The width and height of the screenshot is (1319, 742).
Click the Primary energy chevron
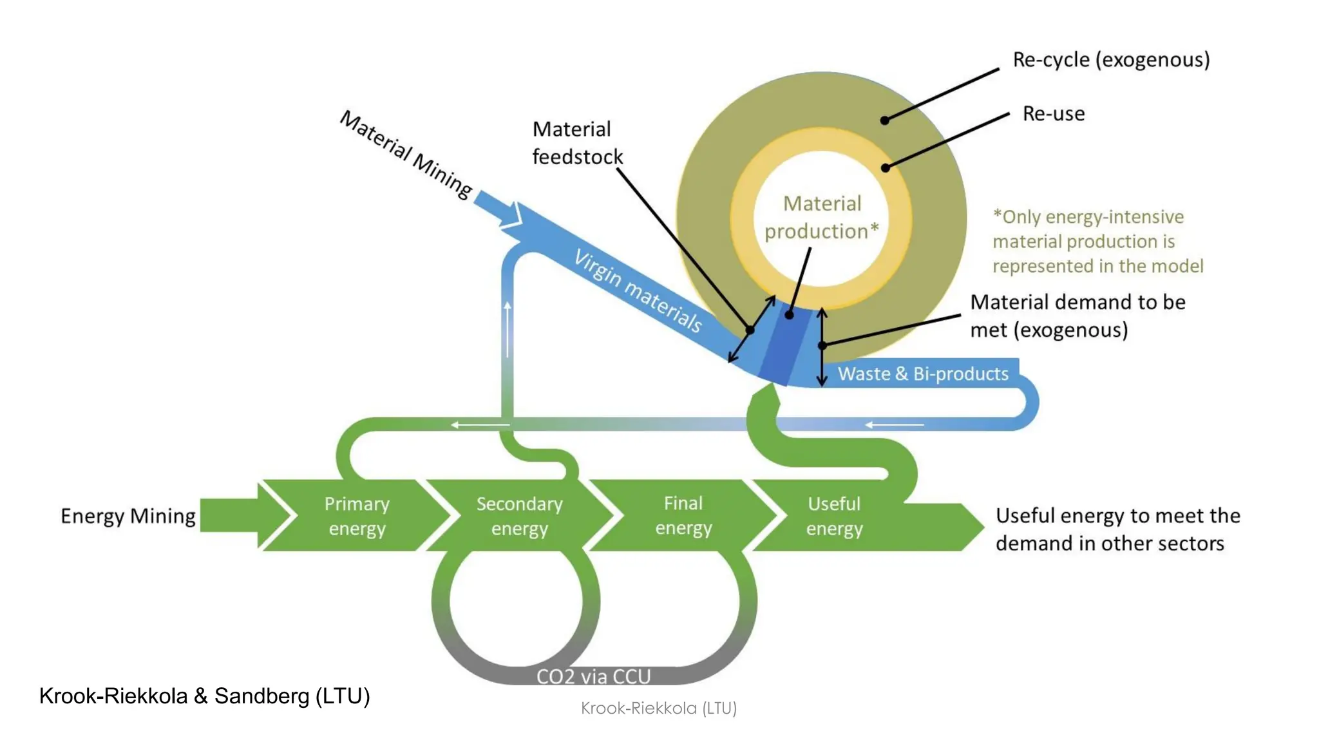tap(356, 515)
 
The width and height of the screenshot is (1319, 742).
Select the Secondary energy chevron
tap(519, 515)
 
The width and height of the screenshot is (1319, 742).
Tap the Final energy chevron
tap(683, 515)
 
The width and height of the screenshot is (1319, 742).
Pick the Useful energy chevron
tap(834, 515)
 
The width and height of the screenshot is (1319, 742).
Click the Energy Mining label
tap(128, 516)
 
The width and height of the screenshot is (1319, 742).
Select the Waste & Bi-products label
tap(922, 374)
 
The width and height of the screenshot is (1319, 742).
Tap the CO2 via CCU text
tap(593, 676)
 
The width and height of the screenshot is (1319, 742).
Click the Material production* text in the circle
tap(821, 217)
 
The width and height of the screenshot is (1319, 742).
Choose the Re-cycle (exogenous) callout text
tap(1111, 59)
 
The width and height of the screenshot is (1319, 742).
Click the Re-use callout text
tap(1054, 113)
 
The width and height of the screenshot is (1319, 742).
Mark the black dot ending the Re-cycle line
tap(885, 120)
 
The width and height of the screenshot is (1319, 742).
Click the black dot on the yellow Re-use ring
tap(886, 167)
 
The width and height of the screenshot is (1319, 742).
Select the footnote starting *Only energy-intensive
tap(1097, 241)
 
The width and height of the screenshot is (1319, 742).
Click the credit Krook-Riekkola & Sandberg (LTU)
tap(204, 696)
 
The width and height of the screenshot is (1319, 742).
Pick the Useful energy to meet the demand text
tap(1117, 529)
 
